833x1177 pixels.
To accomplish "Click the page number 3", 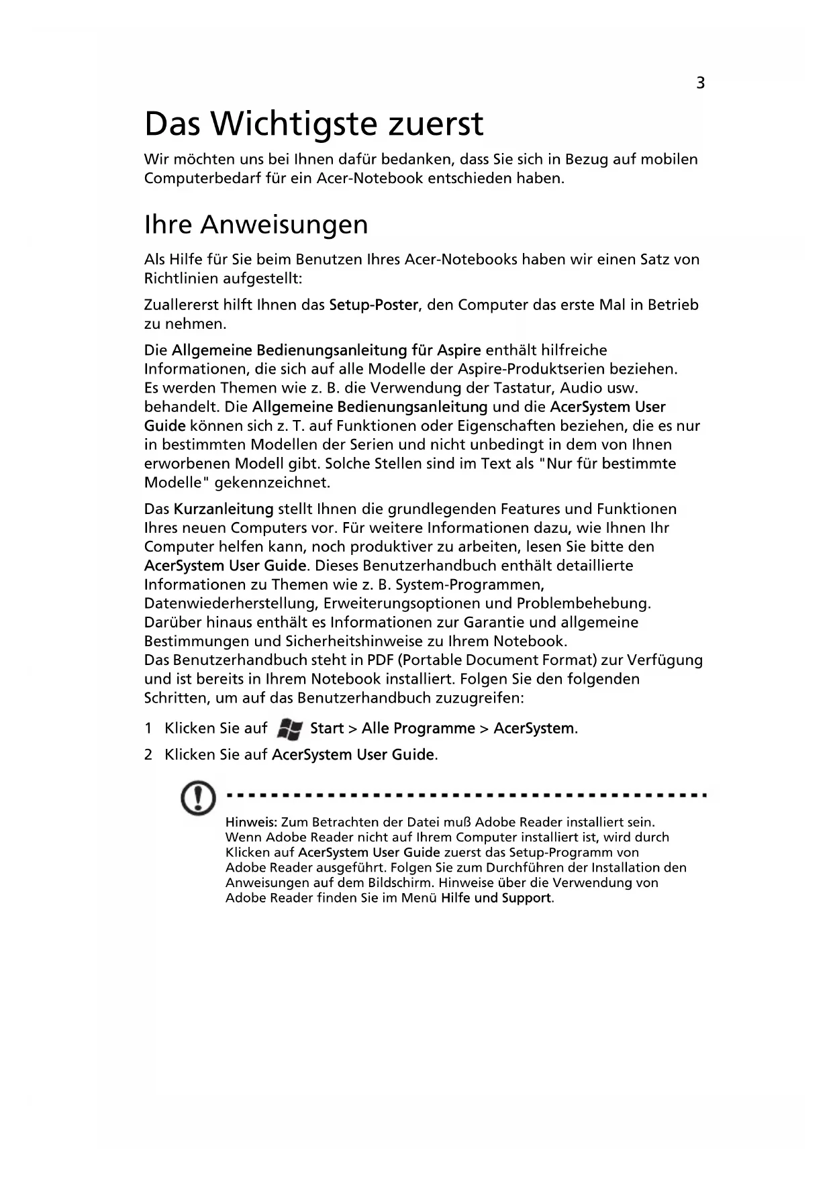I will [700, 83].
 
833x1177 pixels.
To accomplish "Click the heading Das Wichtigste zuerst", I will [313, 123].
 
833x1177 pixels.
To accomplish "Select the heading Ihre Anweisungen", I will [256, 224].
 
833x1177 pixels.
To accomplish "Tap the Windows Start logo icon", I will [289, 729].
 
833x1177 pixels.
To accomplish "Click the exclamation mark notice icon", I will [199, 799].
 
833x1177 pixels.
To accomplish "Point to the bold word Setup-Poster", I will [374, 305].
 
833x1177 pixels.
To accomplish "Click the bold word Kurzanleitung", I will [224, 509].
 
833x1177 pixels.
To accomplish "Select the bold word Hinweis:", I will [252, 822].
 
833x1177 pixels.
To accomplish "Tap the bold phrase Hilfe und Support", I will [496, 898].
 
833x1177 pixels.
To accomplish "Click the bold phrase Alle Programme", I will [418, 729].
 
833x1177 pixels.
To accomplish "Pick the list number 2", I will [148, 755].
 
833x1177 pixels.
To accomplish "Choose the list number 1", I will [148, 729].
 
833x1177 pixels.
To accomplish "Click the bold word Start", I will [327, 729].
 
